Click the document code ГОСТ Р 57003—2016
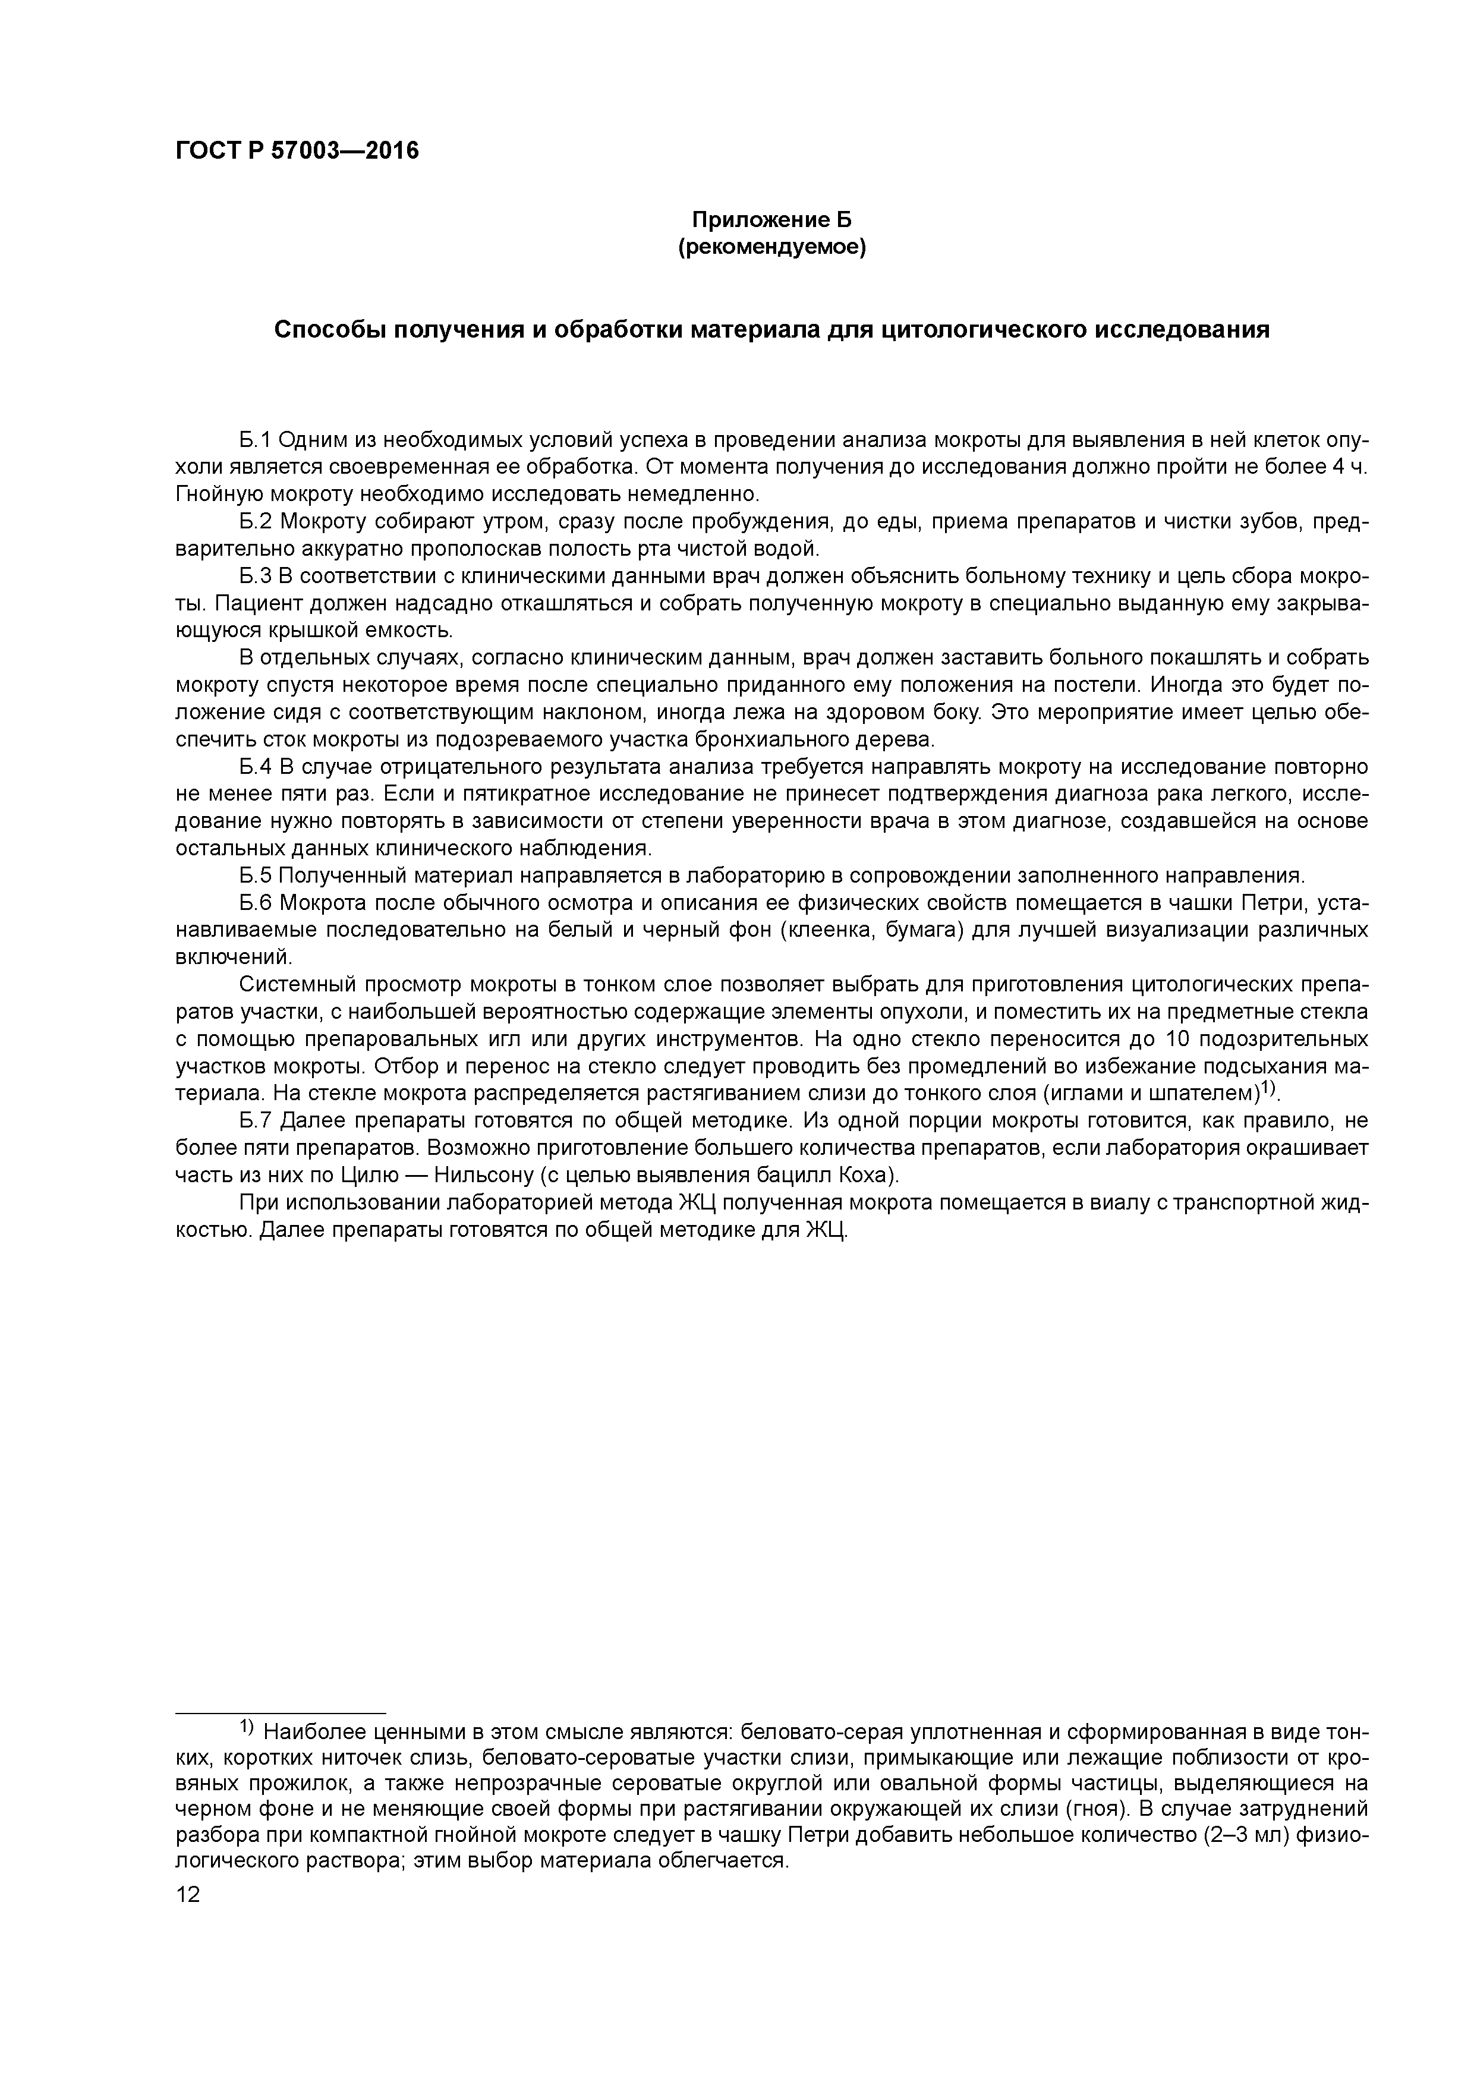(x=297, y=151)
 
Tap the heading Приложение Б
(x=772, y=220)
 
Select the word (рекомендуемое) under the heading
(x=772, y=247)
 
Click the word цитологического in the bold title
(x=982, y=330)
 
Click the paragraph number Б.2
(x=256, y=522)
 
